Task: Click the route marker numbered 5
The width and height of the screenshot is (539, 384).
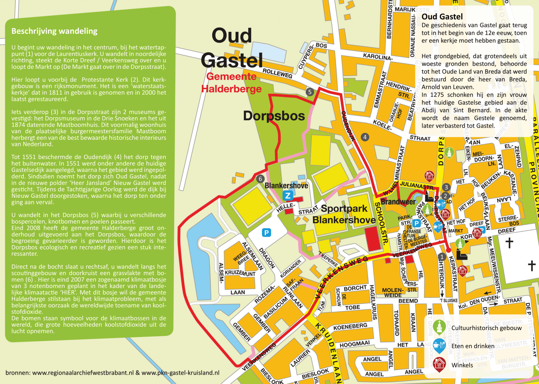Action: [310, 92]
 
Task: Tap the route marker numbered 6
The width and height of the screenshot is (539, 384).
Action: [260, 179]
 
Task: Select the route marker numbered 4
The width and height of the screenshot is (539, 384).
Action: [365, 137]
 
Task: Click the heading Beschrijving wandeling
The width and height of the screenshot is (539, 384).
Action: [54, 31]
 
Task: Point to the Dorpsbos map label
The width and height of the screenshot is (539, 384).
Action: [274, 116]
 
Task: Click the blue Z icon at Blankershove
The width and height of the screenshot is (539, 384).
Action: [288, 195]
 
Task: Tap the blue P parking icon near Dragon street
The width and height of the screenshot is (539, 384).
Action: [266, 233]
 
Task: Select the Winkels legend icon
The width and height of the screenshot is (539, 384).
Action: [439, 364]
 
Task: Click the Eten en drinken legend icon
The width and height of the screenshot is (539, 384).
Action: [439, 345]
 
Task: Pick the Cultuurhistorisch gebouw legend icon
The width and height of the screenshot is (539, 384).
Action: [439, 327]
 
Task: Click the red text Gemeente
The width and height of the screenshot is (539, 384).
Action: [231, 76]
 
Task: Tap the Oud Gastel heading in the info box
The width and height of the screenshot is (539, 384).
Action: [442, 17]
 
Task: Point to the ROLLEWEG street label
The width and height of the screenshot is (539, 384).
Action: [277, 73]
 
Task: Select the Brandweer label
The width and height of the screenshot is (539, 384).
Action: [398, 202]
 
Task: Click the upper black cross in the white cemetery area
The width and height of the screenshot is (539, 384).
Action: [509, 243]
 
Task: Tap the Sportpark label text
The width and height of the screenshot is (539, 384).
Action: [344, 209]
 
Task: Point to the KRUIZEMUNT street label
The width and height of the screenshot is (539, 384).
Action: [240, 273]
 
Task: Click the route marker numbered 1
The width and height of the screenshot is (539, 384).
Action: [442, 257]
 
